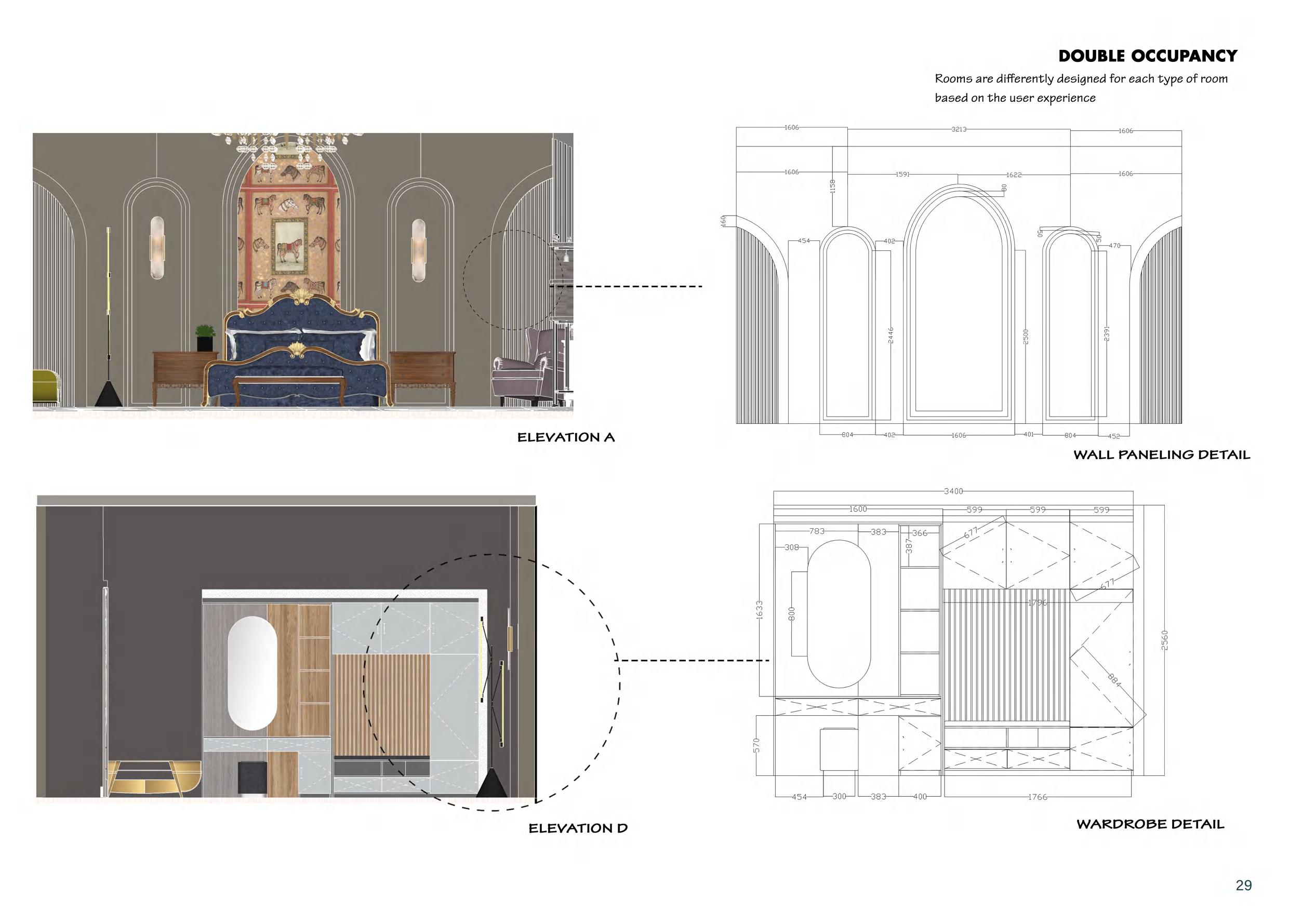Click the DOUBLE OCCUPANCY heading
1148,56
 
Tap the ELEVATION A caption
566,437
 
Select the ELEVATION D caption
578,828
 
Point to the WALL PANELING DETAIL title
1162,454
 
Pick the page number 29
1243,885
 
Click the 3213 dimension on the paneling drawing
959,130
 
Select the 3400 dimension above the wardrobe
953,491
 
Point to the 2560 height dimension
1164,640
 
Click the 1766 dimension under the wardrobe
1038,797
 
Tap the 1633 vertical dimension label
760,610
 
